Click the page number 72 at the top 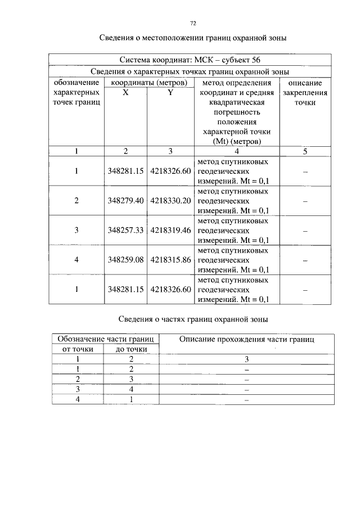pos(193,23)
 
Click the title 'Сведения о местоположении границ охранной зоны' pos(193,39)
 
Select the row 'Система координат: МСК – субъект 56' pos(190,60)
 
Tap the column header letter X pos(125,93)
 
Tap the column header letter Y pos(170,93)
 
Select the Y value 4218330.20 pos(170,200)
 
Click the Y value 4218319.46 pos(170,230)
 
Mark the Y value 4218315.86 pos(170,260)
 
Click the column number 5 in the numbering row pos(305,151)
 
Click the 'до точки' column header pos(131,349)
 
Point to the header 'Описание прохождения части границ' pos(246,339)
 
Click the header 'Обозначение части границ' pos(104,339)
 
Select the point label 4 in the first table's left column pos(76,260)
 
